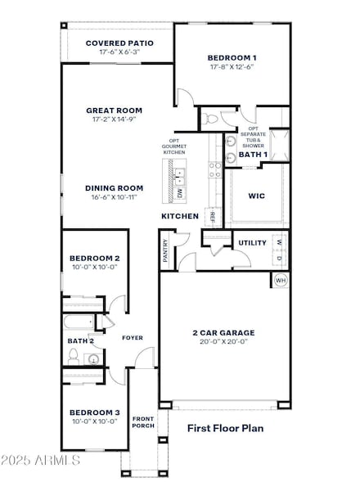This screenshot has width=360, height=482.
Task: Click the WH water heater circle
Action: [x=280, y=281]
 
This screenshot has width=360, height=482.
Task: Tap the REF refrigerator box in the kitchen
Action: [x=213, y=217]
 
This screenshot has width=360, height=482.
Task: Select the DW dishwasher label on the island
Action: [x=181, y=194]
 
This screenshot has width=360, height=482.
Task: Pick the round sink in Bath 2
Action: [x=93, y=358]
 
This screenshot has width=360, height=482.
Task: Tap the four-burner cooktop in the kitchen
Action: [x=216, y=169]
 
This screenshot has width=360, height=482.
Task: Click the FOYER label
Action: [x=133, y=337]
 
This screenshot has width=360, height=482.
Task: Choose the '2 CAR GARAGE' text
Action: [x=223, y=332]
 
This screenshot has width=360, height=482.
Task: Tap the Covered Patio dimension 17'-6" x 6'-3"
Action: [x=119, y=52]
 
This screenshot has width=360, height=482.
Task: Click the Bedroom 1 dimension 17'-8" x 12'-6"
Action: [x=232, y=67]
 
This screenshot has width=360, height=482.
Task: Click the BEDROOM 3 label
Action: [x=94, y=412]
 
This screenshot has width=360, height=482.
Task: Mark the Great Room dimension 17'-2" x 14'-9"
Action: [x=115, y=119]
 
